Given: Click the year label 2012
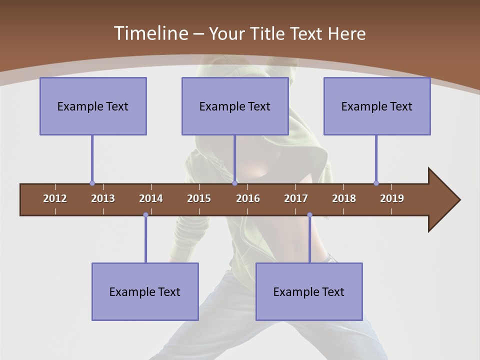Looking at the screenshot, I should (55, 198).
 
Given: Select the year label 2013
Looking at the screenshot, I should (103, 198).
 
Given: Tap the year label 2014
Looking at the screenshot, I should (151, 198).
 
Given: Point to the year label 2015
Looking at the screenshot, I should (199, 198).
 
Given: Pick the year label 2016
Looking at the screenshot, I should (248, 198).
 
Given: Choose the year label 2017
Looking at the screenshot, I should (296, 198).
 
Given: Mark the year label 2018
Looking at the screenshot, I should (344, 198).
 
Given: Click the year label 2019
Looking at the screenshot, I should (392, 198).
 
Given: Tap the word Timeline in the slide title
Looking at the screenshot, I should (149, 33).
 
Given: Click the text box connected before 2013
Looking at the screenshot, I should (93, 106).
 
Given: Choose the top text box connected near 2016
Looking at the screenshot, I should (235, 106).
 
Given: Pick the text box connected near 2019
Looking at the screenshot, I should (377, 106).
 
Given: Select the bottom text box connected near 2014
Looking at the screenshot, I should (145, 291).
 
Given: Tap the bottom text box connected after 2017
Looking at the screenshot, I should (309, 291).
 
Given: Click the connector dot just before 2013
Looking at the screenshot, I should (92, 183).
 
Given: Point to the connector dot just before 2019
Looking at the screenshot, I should (376, 183).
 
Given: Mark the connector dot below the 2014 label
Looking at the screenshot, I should (145, 215).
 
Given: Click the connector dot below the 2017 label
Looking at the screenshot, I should (309, 215).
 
